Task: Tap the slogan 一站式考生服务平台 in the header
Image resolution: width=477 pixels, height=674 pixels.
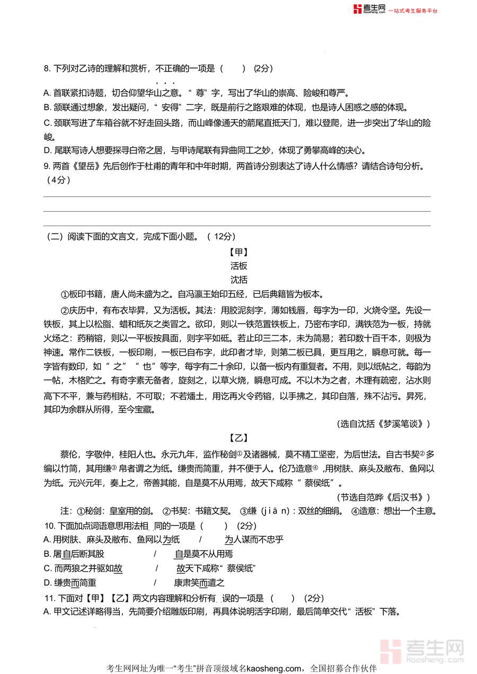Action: [x=414, y=11]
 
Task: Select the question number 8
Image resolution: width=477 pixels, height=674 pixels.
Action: [x=47, y=68]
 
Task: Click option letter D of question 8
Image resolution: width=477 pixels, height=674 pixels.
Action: [x=47, y=150]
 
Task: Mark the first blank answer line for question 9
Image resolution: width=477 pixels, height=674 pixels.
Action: [x=237, y=196]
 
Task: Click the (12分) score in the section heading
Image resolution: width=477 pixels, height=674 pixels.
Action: [x=224, y=237]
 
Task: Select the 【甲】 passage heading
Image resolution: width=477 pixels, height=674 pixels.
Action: [x=239, y=252]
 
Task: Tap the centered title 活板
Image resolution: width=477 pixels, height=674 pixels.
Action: [x=239, y=266]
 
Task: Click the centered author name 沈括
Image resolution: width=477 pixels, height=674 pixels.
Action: [x=239, y=280]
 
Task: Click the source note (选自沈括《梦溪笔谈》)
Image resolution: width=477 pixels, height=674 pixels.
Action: [x=383, y=424]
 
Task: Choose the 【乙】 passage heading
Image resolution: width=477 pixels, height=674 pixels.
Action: [x=239, y=438]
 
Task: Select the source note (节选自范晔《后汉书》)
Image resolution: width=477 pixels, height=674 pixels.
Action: [x=383, y=497]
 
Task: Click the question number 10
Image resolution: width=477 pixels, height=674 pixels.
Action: [x=49, y=526]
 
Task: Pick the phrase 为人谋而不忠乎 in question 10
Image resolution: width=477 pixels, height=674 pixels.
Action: [x=254, y=540]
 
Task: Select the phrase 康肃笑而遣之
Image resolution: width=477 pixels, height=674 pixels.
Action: [x=199, y=583]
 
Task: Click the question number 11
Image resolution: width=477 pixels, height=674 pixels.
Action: [x=49, y=598]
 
